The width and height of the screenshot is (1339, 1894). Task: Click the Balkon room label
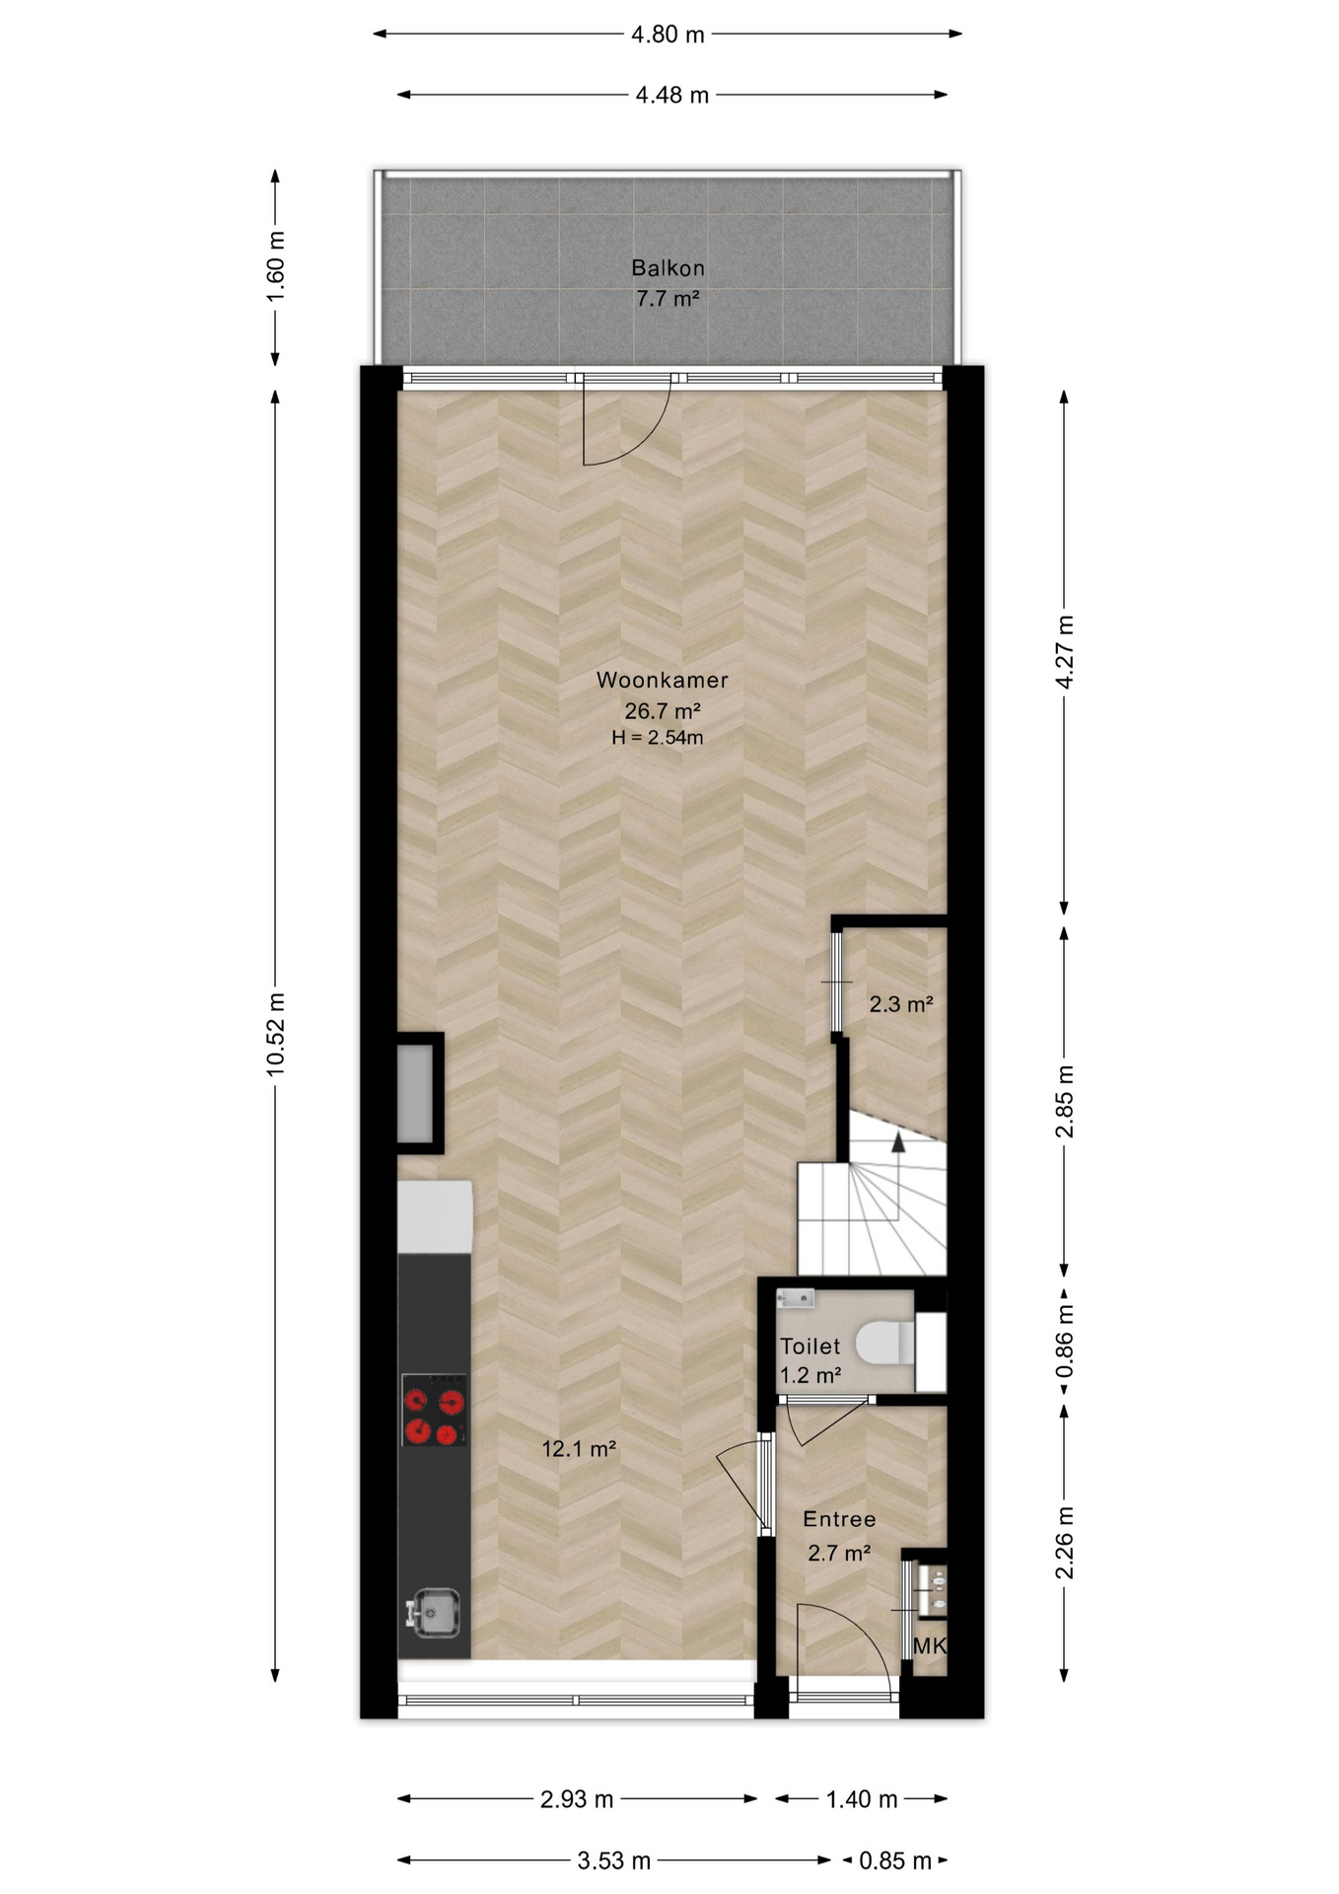(x=668, y=267)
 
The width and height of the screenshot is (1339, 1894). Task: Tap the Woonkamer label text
(x=662, y=680)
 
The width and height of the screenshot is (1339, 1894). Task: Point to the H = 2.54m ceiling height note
(x=657, y=737)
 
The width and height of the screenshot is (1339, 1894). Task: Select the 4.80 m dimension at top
(x=668, y=35)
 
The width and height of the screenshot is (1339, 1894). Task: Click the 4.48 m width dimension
(x=671, y=96)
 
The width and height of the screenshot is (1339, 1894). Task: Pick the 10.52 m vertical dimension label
(x=275, y=1034)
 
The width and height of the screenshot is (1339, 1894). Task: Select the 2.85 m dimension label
(x=1064, y=1101)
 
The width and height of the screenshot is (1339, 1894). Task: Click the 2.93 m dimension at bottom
(x=577, y=1799)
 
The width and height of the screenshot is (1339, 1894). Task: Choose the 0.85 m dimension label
(x=895, y=1860)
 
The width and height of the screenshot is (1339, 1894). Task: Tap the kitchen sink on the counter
(x=434, y=1611)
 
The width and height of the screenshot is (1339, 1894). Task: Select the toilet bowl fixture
(x=885, y=1343)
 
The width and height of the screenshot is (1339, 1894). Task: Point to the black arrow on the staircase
(x=898, y=1142)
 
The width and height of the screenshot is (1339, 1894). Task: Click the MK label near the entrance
(x=929, y=1645)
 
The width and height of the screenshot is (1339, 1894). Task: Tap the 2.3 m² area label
(x=900, y=1004)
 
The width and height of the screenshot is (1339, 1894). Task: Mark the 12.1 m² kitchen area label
(x=579, y=1448)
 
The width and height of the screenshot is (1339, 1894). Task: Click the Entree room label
(x=839, y=1519)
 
